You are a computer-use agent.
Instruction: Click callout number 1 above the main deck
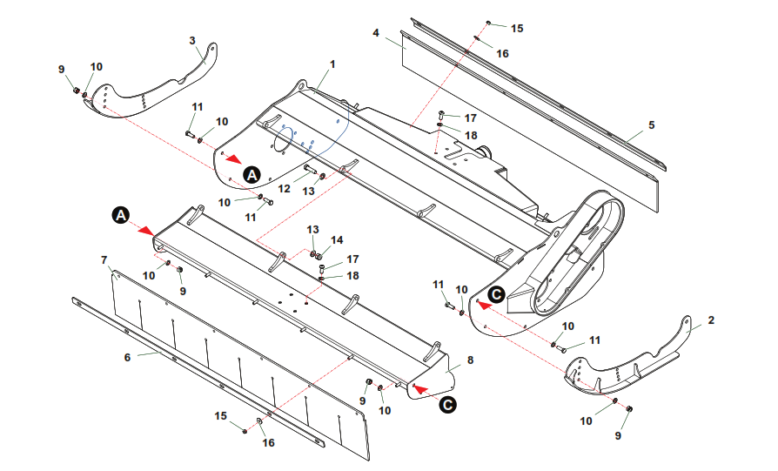point(332,64)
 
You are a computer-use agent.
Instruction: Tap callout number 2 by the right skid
point(711,320)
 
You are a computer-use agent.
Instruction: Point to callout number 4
point(376,33)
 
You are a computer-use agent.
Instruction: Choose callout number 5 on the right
point(651,125)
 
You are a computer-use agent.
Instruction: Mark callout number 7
point(104,259)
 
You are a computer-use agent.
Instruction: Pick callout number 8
point(470,360)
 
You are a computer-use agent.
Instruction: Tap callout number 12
point(284,189)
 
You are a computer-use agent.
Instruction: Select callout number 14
point(337,239)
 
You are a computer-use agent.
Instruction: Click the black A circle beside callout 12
point(252,173)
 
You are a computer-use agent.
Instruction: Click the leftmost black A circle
point(120,214)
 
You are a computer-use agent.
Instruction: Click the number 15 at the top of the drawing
point(517,29)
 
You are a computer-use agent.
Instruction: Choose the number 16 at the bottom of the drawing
point(269,442)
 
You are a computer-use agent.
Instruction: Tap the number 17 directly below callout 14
point(352,259)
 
